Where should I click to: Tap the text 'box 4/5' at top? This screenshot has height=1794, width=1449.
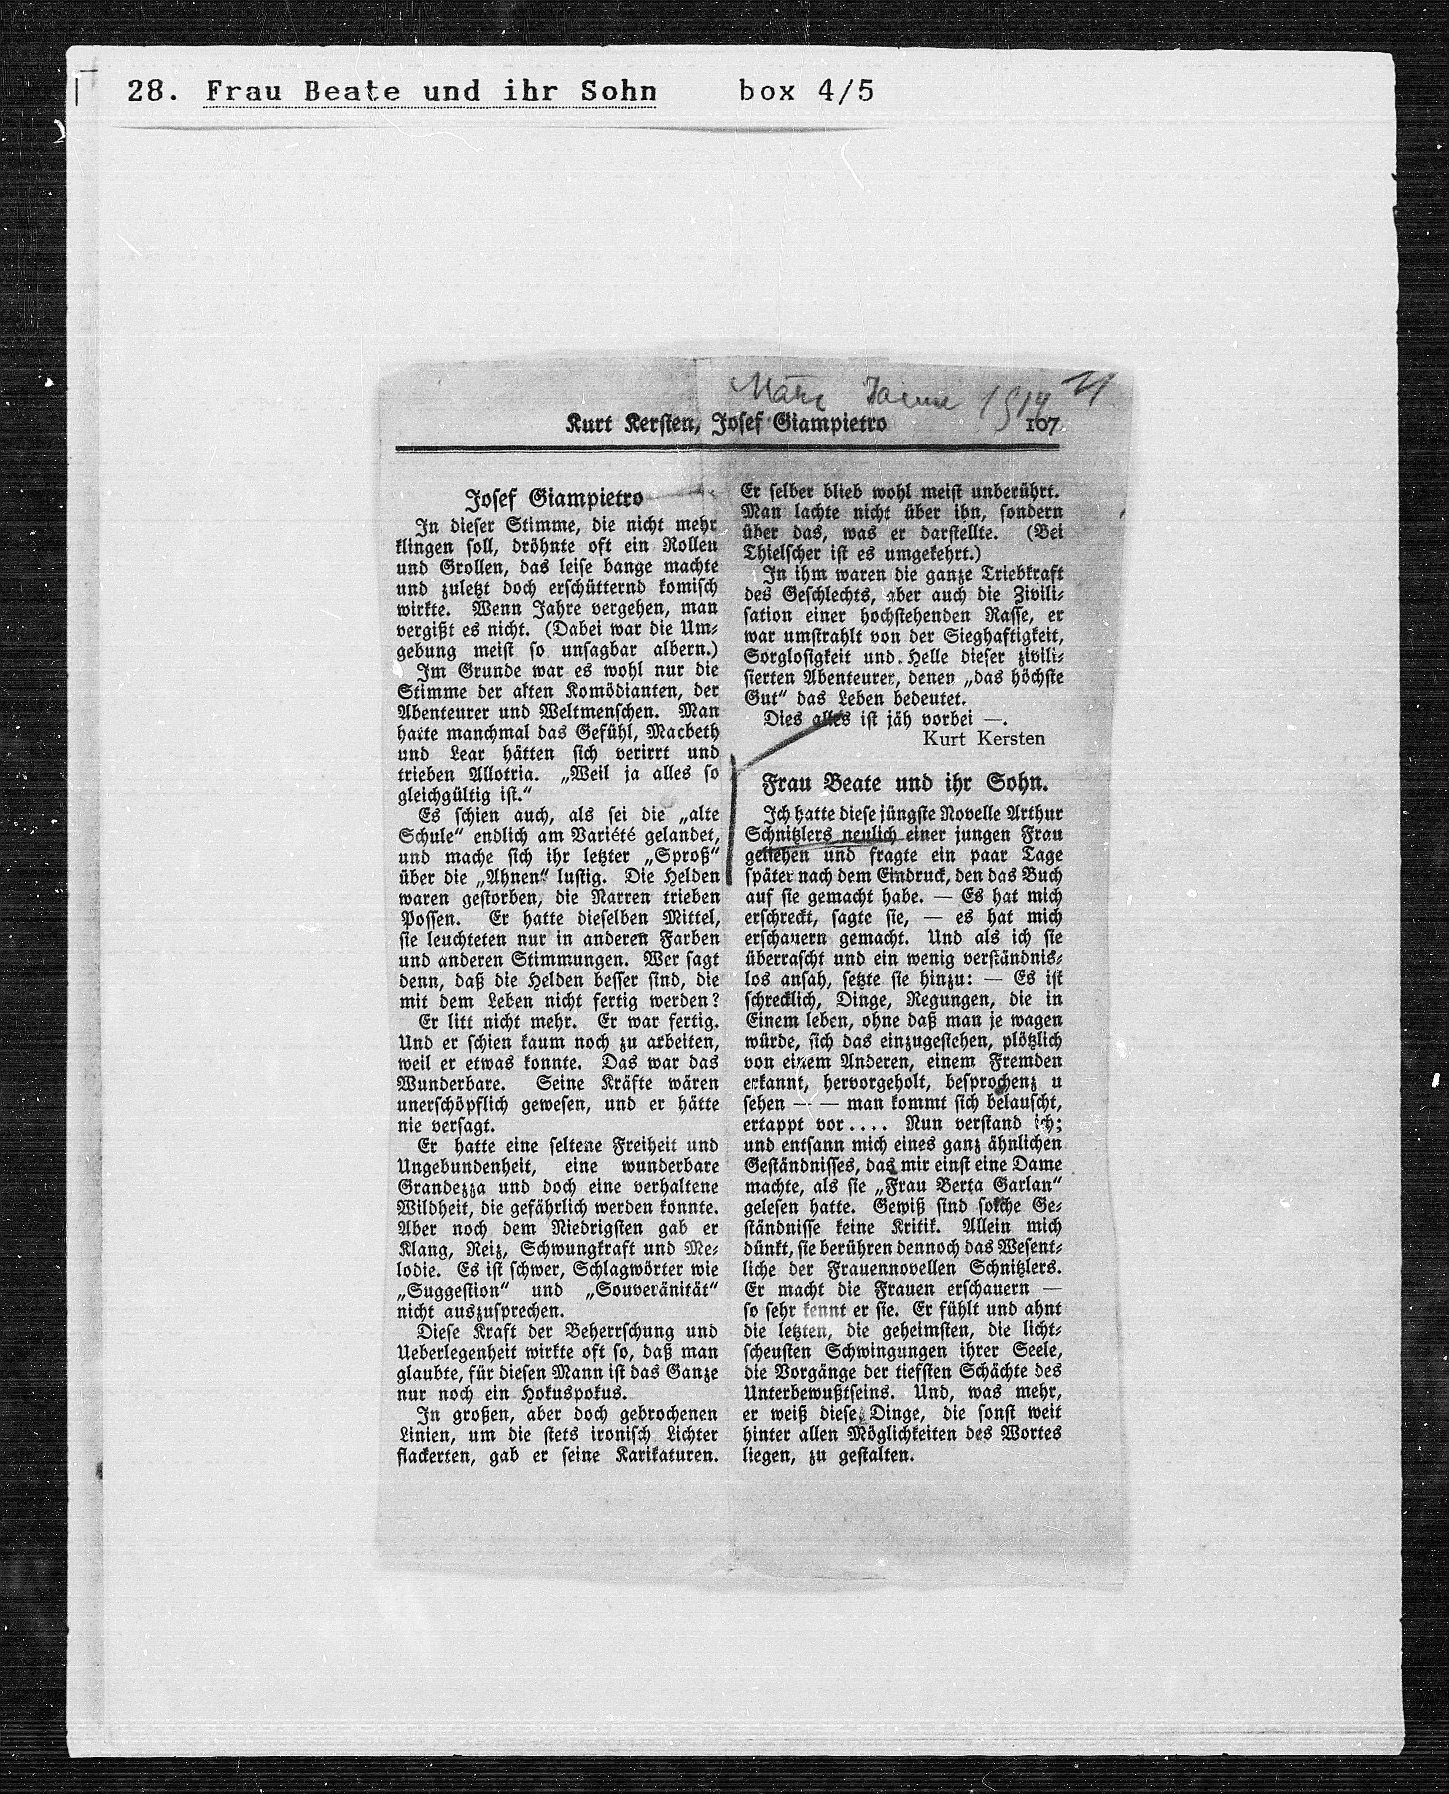point(805,90)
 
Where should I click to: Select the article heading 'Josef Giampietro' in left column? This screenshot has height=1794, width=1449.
point(553,499)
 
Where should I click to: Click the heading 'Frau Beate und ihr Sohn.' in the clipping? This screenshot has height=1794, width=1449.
point(904,784)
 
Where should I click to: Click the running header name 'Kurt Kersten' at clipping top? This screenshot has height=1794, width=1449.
point(630,425)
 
